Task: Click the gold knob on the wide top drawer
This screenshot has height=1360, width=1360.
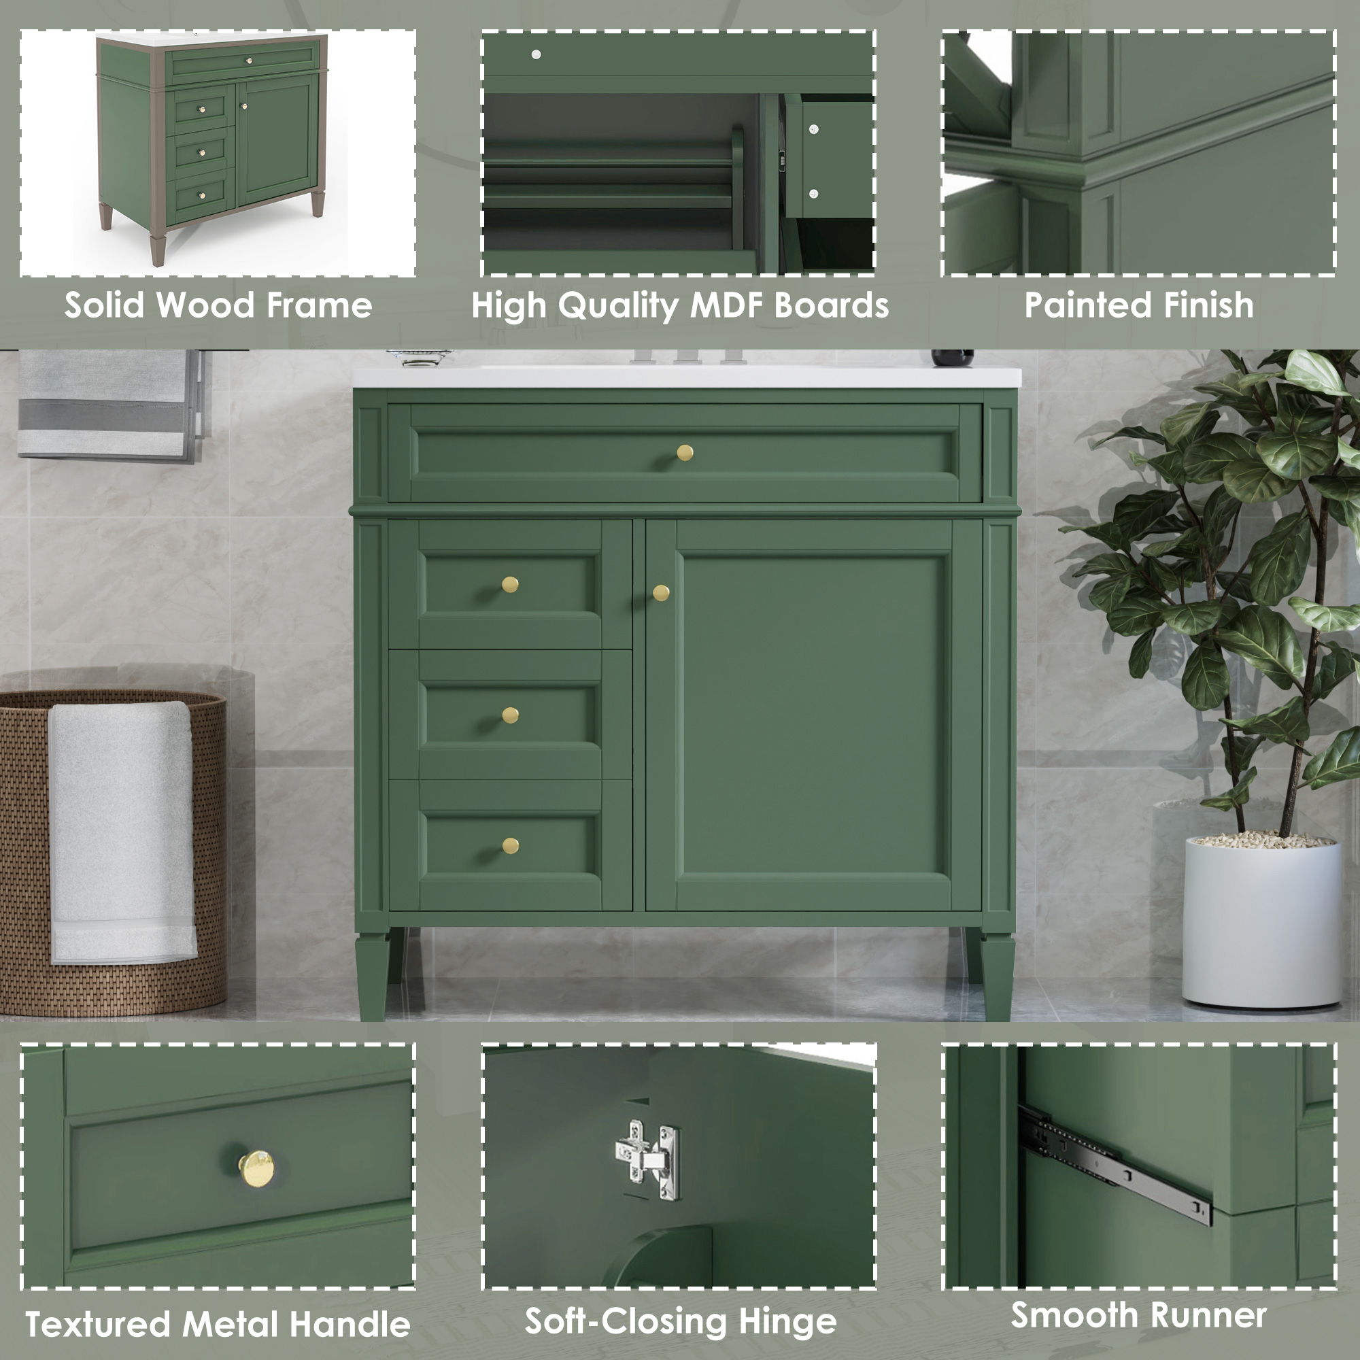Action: point(684,452)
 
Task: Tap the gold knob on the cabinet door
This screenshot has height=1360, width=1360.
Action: point(660,593)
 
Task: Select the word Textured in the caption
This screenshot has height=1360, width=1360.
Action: point(99,1324)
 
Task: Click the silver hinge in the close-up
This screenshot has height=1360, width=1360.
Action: point(646,1159)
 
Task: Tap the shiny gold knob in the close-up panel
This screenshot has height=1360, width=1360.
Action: point(256,1169)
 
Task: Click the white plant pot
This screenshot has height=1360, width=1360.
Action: point(1261,922)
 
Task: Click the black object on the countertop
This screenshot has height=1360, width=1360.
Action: point(953,358)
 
